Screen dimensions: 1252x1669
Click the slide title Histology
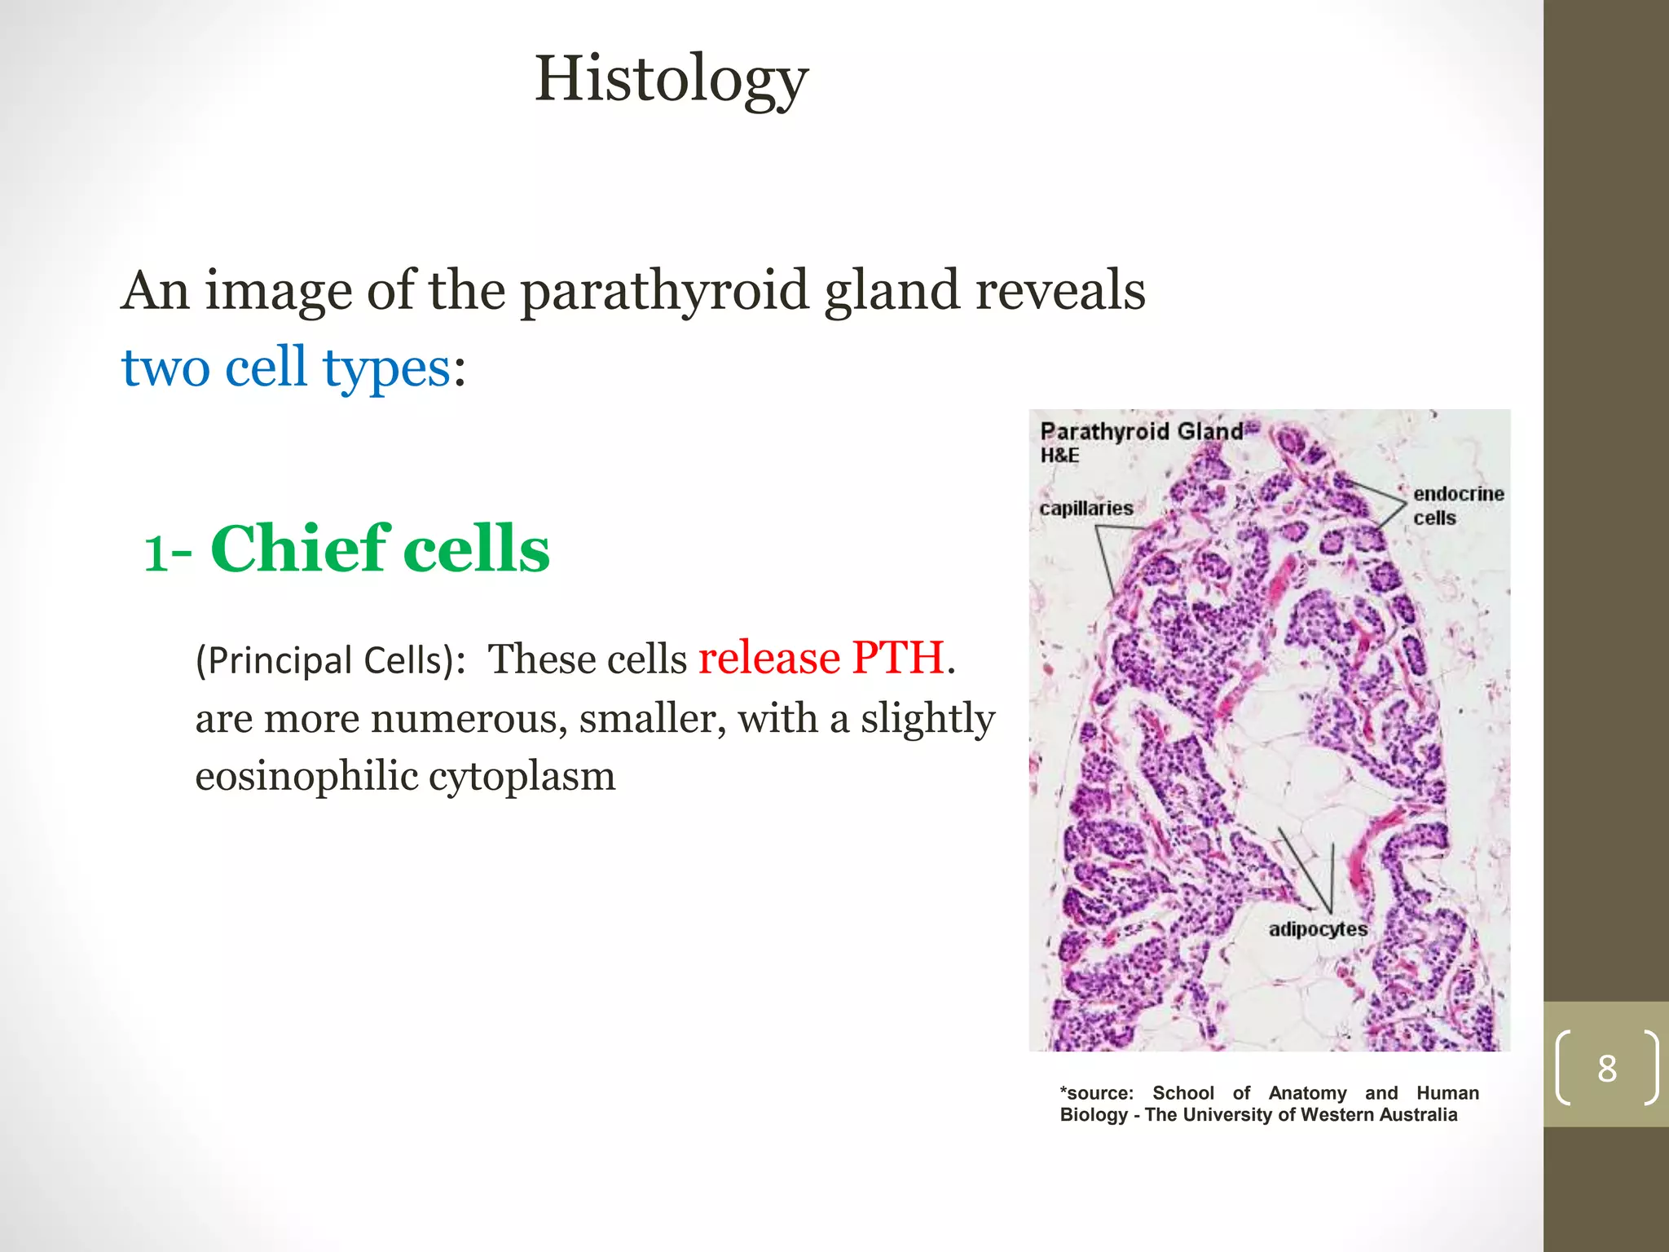coord(671,79)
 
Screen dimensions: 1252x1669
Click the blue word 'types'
coord(385,368)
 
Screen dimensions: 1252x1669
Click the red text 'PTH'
coord(897,658)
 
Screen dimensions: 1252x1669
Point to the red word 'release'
coord(769,658)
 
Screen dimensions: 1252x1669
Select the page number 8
coord(1606,1069)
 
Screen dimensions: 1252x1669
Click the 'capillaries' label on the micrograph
coord(1086,509)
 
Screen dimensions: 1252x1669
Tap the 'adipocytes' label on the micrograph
coord(1317,929)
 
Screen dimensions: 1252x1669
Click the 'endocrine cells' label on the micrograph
coord(1458,505)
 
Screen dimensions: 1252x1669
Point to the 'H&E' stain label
coord(1059,456)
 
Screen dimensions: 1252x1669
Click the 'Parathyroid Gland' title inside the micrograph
coord(1141,431)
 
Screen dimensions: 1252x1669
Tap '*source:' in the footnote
coord(1096,1093)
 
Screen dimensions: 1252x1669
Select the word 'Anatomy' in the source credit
coord(1307,1093)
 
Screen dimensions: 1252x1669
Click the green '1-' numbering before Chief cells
coord(167,553)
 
